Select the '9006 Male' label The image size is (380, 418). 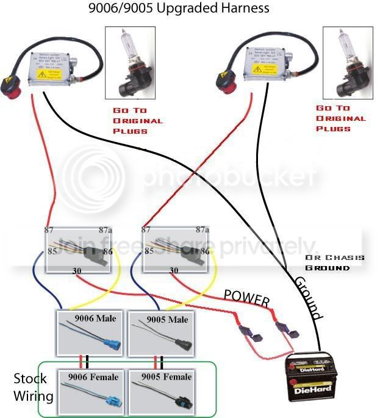[x=96, y=318]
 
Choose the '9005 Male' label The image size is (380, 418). [x=166, y=318]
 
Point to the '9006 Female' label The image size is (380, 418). [x=93, y=377]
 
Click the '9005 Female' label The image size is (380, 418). [x=166, y=377]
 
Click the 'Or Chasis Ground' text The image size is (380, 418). [x=335, y=262]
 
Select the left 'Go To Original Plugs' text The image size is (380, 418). [x=138, y=120]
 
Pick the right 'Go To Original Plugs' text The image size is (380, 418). [x=340, y=118]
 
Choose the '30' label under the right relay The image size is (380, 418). [x=174, y=270]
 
